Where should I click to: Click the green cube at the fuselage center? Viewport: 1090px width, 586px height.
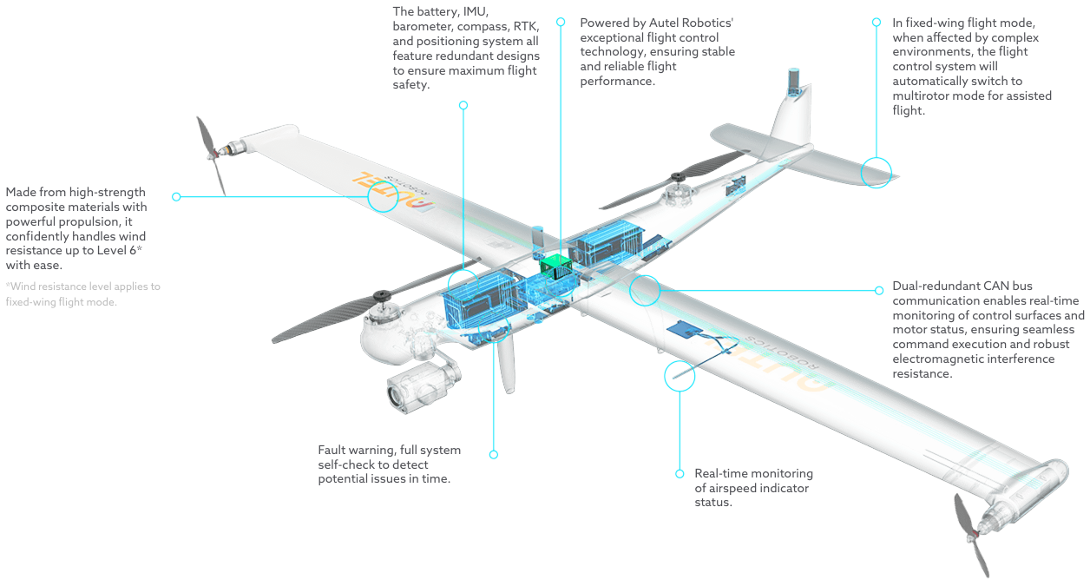coord(553,267)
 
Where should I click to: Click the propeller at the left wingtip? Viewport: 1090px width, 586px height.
coord(211,155)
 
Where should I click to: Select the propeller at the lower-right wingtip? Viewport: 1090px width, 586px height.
coord(972,534)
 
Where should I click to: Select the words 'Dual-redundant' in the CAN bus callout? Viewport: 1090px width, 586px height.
coord(936,286)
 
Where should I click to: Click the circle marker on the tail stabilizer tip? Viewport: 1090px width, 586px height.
coord(876,173)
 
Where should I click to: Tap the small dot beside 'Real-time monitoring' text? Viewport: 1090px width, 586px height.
coord(680,474)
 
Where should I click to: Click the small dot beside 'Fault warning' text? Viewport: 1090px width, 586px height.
coord(494,454)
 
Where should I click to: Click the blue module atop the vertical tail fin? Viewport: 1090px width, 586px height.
coord(793,82)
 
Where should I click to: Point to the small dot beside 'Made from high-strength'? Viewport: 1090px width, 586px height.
coord(176,197)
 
